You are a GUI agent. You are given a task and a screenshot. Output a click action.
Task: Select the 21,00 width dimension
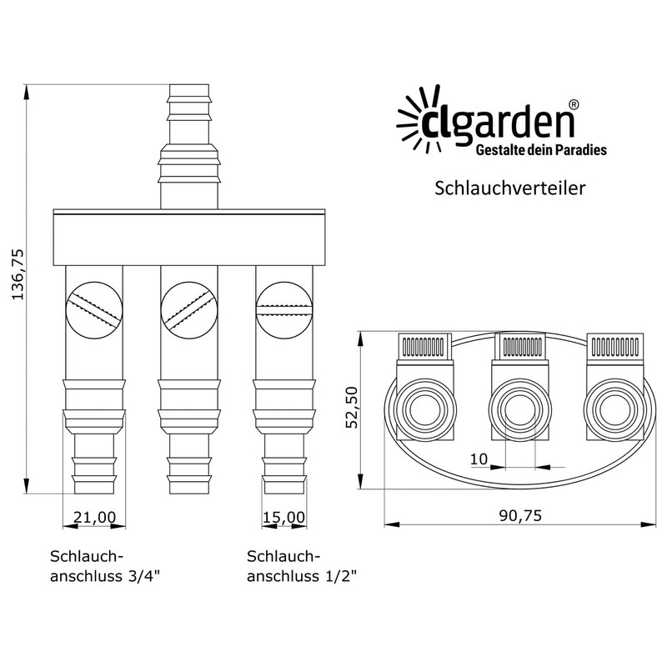[93, 517]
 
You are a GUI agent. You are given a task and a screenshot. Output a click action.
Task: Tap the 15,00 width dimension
[283, 517]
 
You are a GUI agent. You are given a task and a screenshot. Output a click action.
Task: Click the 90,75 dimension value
[516, 515]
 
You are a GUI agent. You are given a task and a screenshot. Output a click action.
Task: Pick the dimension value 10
[478, 459]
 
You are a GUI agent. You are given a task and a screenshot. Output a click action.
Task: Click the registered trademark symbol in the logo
[574, 106]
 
